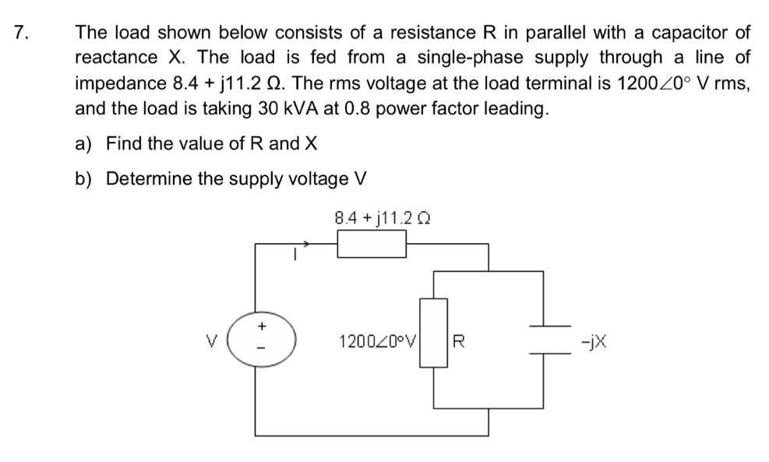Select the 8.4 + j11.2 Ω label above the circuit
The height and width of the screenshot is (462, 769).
point(383,218)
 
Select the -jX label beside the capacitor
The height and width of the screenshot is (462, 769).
point(600,340)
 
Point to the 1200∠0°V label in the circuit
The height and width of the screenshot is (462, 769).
point(379,340)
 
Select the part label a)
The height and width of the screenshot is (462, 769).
point(83,143)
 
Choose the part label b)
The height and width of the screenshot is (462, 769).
point(83,179)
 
